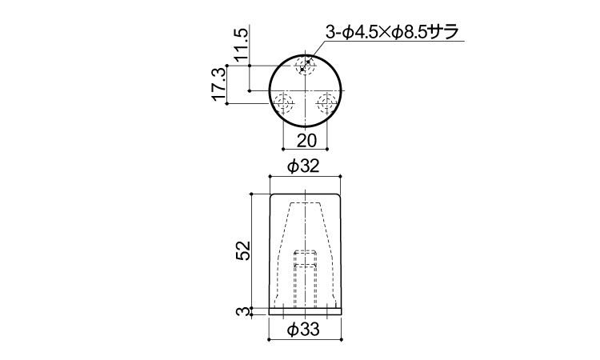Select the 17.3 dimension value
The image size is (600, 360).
point(218,85)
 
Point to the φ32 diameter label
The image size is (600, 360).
point(305,166)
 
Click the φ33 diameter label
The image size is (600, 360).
point(305,329)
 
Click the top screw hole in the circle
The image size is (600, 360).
point(305,66)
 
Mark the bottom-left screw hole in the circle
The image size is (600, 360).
point(284,102)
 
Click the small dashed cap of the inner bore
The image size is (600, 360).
point(306,254)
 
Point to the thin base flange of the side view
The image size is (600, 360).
point(306,310)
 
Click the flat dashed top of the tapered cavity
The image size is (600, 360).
point(306,203)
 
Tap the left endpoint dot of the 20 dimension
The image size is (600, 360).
point(284,149)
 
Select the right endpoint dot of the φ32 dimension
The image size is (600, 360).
point(342,175)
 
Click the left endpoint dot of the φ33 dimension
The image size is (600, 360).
point(269,338)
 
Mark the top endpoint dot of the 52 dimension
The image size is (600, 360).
point(251,194)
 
